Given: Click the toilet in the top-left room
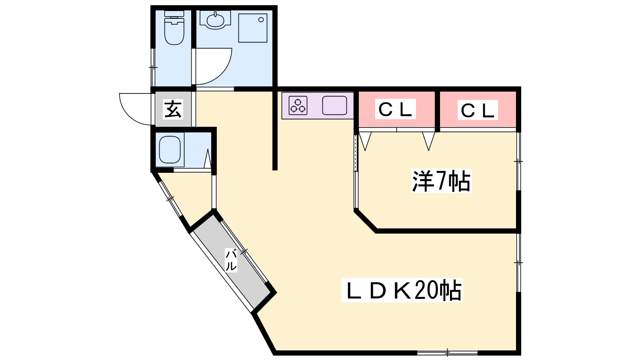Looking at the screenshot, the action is point(174,28).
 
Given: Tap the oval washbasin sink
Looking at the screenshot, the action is point(215,20).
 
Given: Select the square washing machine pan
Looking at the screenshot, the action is point(253,28).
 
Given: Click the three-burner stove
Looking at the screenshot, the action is point(298,106).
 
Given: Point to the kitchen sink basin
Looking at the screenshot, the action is point(334,106).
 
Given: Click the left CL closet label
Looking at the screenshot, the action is point(396,109).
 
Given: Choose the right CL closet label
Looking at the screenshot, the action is point(478,110).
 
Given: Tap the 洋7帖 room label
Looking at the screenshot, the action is point(442,181).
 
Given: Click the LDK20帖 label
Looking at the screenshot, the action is point(402,290).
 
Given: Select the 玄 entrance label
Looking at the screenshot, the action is point(173,109).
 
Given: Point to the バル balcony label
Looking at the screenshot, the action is point(231,260).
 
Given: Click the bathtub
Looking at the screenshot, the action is point(170,150).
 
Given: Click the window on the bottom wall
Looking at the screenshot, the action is point(448,353).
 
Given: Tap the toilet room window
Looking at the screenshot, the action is point(153,68).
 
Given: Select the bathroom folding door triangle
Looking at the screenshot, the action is point(208,158).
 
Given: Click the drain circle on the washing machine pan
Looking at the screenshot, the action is point(261,20).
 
